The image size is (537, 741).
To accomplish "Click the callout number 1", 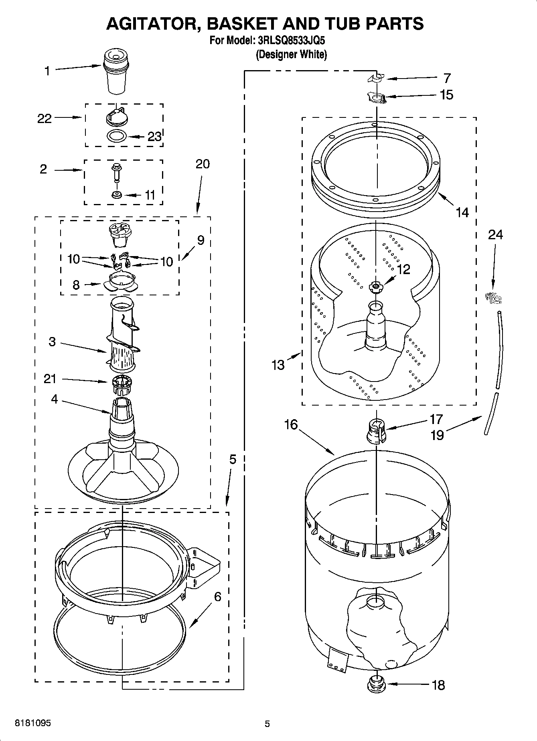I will pos(47,71).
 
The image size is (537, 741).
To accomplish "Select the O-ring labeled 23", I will pos(117,136).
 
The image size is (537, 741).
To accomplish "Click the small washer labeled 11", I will pos(117,195).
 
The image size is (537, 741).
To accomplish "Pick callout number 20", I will pos(203,164).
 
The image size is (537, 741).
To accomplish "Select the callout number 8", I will pos(76,285).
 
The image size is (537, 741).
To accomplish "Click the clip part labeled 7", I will pos(375,78).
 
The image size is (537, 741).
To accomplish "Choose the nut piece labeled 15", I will pos(377,97).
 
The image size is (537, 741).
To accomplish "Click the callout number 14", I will pos(462,212).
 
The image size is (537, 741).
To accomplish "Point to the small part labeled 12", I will pos(376,286).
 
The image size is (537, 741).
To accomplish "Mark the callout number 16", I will pos(291,424).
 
